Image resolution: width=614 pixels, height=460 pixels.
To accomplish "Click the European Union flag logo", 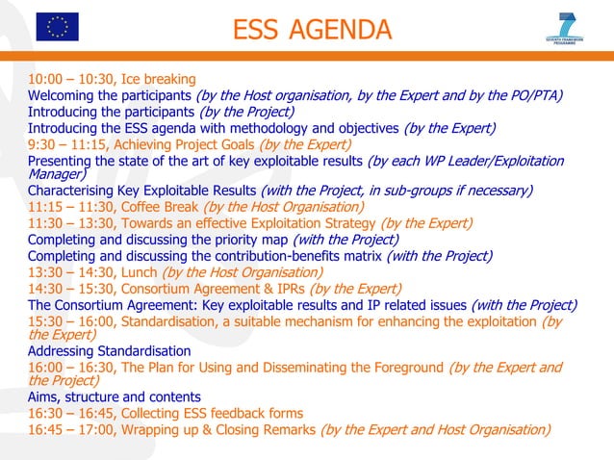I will click(57, 28).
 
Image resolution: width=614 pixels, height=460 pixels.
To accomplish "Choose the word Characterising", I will click(76, 191).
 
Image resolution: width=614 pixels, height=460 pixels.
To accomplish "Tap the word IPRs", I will click(284, 289).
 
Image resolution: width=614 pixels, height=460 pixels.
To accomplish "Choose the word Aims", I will click(44, 397).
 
